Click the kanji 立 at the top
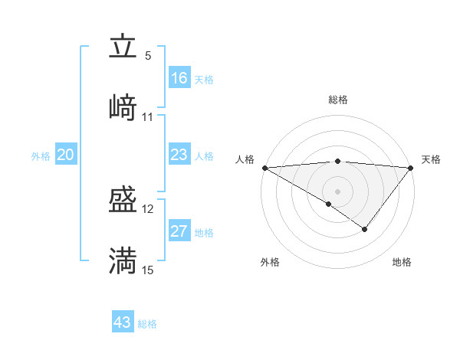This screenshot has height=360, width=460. pos(123,47)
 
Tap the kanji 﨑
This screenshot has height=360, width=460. pos(123,107)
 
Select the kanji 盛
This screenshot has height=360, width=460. pos(123,201)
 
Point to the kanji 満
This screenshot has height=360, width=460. pos(123,260)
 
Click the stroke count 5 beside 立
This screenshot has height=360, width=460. pos(148,56)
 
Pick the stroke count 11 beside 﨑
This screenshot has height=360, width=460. pos(148,116)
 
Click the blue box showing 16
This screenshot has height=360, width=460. pos(179,78)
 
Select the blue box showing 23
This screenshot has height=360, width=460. pos(179,155)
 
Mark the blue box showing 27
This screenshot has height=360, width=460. pos(179,231)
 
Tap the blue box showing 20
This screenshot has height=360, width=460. pos(66,155)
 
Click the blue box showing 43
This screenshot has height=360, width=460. pos(123,322)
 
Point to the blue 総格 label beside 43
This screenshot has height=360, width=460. pos(147,324)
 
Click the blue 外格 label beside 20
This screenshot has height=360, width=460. pos(41,156)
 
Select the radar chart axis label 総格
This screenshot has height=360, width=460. pos(338,100)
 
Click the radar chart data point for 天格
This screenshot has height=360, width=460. pos(412,168)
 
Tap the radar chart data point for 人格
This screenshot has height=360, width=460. pos(264,168)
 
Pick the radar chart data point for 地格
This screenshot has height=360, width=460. pos(365,228)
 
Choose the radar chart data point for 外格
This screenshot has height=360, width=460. pos(329,204)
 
